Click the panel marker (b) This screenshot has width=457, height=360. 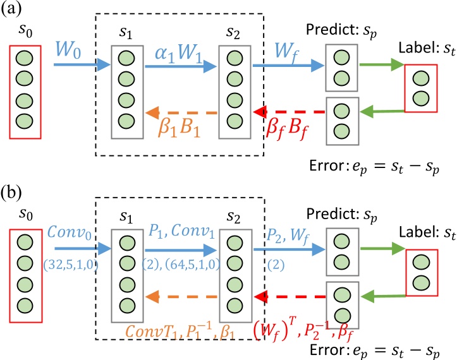click(13, 189)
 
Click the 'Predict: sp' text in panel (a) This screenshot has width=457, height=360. click(341, 29)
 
